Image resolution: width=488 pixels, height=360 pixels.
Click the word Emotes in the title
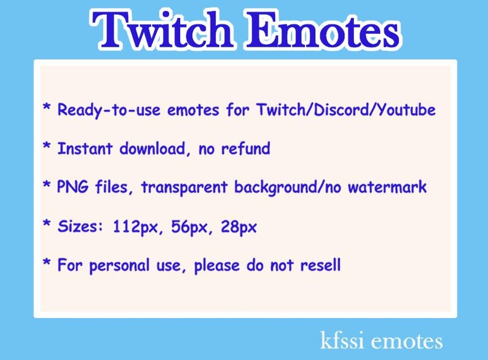coord(321,29)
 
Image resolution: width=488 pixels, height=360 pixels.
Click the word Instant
coord(85,149)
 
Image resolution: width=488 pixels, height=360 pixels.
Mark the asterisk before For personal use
coord(46,264)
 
